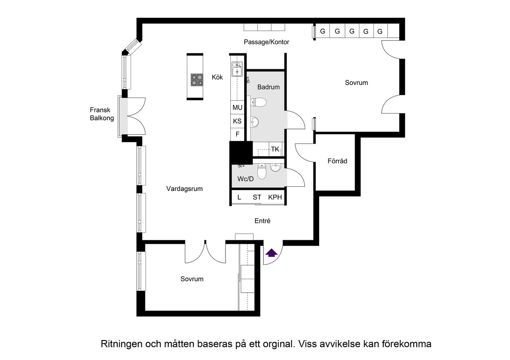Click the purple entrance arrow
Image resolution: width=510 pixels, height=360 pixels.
click(x=271, y=253)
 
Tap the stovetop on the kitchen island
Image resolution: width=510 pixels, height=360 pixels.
click(x=197, y=80)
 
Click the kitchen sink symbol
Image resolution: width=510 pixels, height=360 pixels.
click(x=237, y=69)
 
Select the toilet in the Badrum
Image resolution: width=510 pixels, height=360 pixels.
click(x=258, y=102)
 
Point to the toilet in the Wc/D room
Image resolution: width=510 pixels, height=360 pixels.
click(x=262, y=171)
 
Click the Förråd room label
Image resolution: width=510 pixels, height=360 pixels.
click(x=337, y=161)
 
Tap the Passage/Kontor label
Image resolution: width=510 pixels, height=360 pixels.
click(x=267, y=42)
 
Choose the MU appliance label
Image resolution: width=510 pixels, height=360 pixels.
click(x=237, y=108)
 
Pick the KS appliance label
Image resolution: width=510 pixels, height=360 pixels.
click(x=237, y=121)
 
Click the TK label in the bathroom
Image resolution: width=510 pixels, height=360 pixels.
click(x=275, y=149)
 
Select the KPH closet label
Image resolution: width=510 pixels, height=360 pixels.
click(x=275, y=197)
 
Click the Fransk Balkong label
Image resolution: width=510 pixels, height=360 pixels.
click(x=102, y=114)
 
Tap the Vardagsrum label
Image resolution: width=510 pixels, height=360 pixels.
click(x=184, y=189)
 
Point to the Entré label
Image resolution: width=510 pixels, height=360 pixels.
click(x=263, y=221)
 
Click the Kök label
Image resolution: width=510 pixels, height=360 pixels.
click(x=217, y=77)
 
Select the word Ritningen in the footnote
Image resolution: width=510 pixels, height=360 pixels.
click(x=122, y=344)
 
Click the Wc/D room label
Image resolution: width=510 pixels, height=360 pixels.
click(x=245, y=179)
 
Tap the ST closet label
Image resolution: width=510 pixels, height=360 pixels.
click(x=257, y=197)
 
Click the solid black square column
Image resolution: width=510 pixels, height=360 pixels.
click(x=241, y=153)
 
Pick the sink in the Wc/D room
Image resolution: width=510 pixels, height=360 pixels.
click(x=275, y=168)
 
